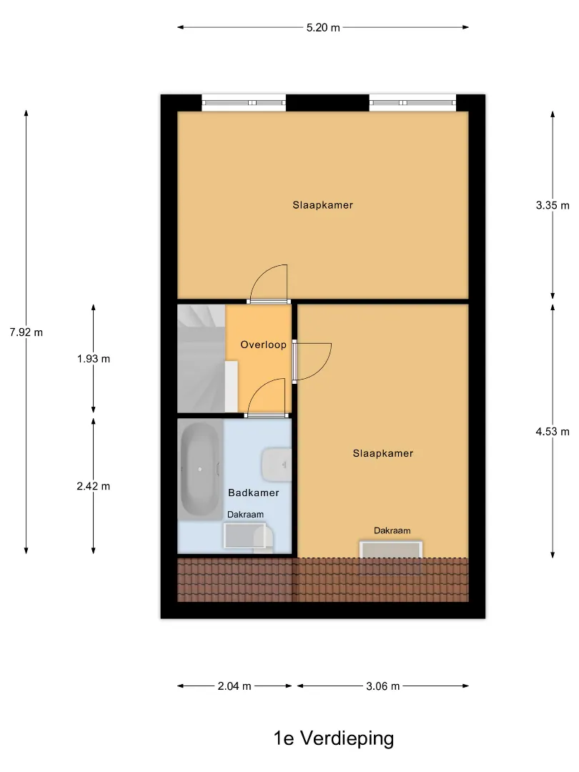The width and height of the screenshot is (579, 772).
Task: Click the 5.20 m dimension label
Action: (323, 28)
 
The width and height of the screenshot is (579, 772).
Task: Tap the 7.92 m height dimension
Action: (26, 332)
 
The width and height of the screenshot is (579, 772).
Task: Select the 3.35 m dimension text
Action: (553, 205)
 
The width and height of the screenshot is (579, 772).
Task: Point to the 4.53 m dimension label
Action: (553, 432)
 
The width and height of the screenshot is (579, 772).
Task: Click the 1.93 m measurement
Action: (94, 359)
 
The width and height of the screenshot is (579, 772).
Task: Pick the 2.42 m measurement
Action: (94, 487)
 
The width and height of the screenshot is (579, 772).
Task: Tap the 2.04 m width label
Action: (234, 686)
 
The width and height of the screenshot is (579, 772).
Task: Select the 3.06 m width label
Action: (383, 686)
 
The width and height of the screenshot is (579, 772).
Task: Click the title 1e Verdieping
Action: (334, 738)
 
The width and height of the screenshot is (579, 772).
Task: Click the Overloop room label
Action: (263, 345)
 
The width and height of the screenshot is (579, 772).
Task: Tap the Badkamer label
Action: (254, 493)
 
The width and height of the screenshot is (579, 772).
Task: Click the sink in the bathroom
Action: (277, 465)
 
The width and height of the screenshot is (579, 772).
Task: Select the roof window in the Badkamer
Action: (245, 535)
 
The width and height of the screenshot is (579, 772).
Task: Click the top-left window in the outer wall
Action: (244, 102)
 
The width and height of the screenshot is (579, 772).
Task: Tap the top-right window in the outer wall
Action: (412, 102)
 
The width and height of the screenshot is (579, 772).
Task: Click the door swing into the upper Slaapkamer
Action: (268, 282)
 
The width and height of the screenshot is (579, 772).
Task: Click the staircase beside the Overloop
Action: (202, 358)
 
